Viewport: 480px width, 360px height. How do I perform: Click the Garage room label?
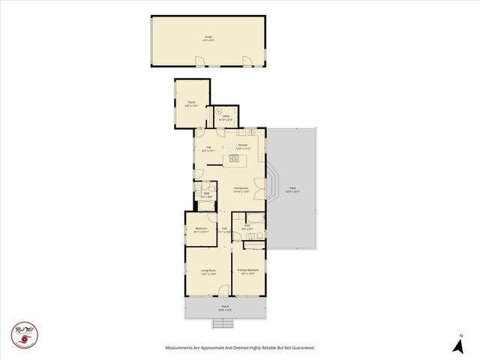pos(208,37)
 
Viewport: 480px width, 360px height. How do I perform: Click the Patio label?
pos(292,190)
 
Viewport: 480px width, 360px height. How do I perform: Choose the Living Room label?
pos(208,271)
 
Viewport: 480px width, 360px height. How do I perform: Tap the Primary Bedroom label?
pos(247,271)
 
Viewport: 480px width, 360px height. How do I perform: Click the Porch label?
pos(224,307)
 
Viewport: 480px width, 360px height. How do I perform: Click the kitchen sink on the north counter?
pos(254,133)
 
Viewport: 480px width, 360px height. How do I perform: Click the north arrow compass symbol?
pos(457,344)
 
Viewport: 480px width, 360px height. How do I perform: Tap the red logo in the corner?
pos(25,334)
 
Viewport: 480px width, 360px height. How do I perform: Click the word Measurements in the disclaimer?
pos(184,347)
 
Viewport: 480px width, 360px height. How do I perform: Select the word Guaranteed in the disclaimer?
pos(298,347)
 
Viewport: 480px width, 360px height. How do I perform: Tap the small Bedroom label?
pos(201,230)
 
